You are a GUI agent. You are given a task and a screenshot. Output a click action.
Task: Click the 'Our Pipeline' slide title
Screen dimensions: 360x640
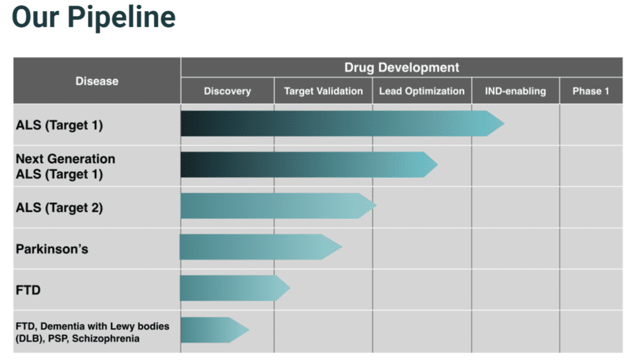[94, 17]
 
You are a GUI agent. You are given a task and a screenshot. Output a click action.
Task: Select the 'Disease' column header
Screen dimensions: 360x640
[97, 81]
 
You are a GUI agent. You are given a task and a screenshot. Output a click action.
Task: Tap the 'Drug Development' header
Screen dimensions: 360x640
[402, 68]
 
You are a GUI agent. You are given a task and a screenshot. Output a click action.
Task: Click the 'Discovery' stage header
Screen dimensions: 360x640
[227, 91]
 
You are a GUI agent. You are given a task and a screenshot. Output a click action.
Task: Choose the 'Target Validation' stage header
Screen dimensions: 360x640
[323, 91]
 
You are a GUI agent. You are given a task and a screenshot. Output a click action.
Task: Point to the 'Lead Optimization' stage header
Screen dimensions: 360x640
[422, 91]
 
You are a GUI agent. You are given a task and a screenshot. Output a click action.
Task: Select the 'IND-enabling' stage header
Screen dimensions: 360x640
[515, 91]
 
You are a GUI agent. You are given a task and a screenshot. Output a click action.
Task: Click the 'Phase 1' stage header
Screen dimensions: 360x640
[591, 91]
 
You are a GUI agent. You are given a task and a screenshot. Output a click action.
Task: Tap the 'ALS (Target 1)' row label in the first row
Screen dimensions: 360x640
[60, 125]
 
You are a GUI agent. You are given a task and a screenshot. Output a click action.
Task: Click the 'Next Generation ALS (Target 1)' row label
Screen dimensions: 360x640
[65, 166]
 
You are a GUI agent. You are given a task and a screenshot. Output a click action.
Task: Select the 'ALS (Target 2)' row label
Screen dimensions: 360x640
[60, 207]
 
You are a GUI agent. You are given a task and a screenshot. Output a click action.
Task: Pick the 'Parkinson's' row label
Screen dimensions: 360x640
[52, 249]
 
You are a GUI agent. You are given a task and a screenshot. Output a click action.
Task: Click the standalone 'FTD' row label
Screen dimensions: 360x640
[28, 290]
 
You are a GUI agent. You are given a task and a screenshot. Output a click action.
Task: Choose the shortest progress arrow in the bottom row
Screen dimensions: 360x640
[213, 330]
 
